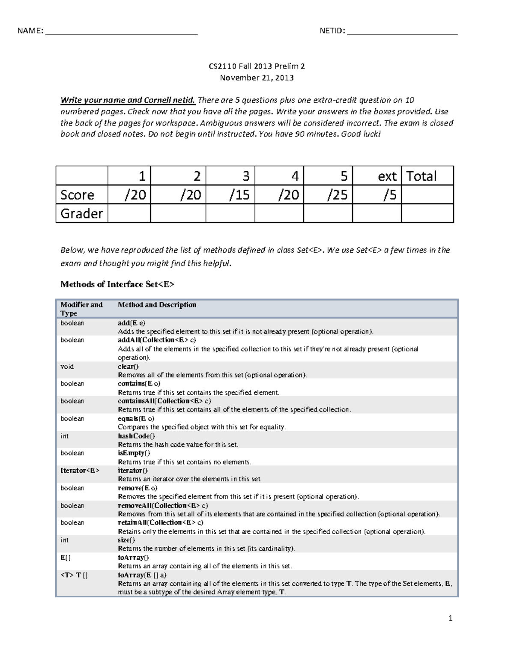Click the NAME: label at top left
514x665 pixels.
pos(30,31)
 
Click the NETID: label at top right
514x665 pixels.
pos(332,31)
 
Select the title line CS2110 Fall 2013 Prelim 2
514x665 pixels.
pos(257,66)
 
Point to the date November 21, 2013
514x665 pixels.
pos(257,78)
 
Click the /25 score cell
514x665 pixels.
pos(338,195)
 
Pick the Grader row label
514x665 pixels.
pos(81,213)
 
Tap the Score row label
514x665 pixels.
pos(77,195)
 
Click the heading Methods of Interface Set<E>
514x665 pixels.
pos(117,284)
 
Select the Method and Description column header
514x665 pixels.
pos(157,305)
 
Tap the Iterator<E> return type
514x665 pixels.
pos(80,471)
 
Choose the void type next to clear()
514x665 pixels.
pos(67,367)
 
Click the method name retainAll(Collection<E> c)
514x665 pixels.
pos(160,523)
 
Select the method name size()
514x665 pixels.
pos(126,540)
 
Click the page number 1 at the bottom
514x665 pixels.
pos(450,618)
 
